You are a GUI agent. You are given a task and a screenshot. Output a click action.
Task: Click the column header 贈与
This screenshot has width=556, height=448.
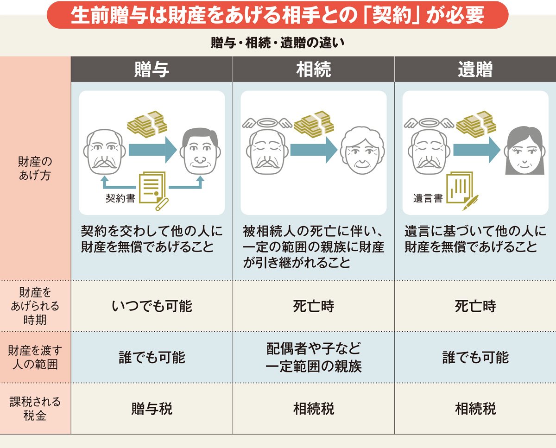[x=152, y=69]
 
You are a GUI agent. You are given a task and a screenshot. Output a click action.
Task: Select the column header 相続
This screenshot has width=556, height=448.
[x=314, y=69]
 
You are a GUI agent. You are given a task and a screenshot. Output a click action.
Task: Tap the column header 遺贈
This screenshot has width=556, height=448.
[x=475, y=69]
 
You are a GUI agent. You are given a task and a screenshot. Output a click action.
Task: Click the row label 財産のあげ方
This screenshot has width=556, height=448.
[x=35, y=169]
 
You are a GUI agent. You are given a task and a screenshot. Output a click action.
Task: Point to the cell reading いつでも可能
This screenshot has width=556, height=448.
[x=152, y=306]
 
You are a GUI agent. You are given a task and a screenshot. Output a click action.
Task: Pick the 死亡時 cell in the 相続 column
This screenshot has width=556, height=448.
[x=314, y=306]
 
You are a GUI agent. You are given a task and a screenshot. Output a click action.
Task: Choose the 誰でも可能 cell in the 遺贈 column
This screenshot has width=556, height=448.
[x=475, y=357]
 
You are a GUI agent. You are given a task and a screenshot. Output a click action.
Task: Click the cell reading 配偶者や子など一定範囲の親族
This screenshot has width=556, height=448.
[x=314, y=357]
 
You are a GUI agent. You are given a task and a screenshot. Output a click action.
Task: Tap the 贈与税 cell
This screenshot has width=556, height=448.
[x=152, y=409]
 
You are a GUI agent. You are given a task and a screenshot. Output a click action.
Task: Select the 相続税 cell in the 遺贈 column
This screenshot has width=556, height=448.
[x=475, y=409]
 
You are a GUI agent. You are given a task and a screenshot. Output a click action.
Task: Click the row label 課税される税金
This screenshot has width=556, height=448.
[x=35, y=408]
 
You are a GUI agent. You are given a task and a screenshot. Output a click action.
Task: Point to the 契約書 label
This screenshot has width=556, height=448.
[x=120, y=199]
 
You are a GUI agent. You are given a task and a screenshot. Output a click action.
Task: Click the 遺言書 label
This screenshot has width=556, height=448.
[x=428, y=199]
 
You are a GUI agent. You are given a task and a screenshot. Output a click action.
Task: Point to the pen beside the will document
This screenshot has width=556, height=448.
[x=471, y=202]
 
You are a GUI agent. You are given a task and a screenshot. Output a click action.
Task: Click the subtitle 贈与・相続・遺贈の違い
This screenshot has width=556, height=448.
[x=278, y=44]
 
